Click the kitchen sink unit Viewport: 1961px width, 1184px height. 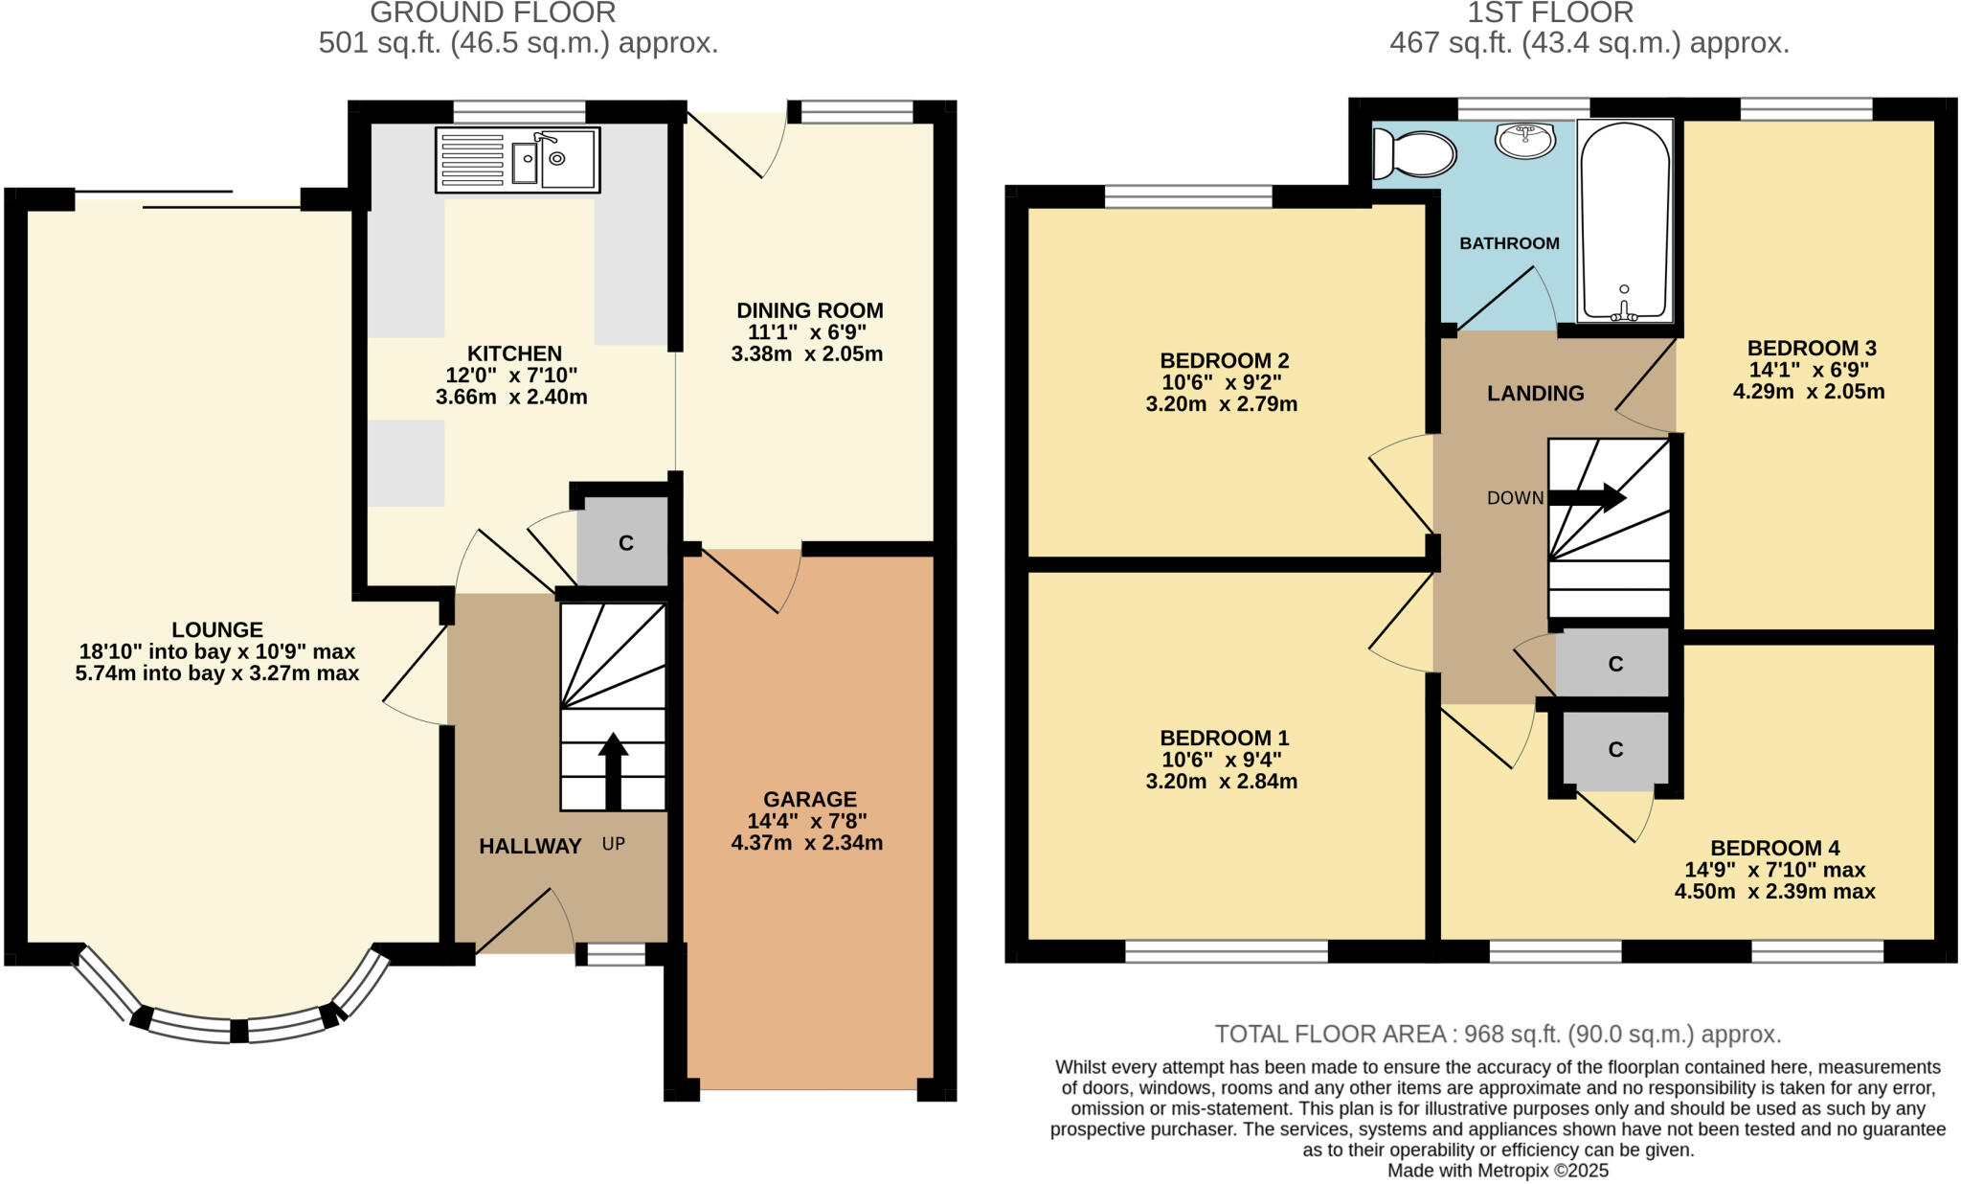coord(518,160)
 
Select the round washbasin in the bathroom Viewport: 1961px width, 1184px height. coord(1524,141)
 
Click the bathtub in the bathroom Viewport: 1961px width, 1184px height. coord(1625,219)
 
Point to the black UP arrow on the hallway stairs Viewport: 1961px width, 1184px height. coord(613,772)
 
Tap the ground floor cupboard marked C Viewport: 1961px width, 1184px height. coord(624,543)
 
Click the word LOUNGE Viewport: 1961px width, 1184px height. coord(217,629)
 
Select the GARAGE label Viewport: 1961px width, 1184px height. coord(809,799)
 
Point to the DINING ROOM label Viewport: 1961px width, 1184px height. coord(809,310)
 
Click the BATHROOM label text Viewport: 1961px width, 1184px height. coord(1509,243)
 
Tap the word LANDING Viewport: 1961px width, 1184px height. coord(1535,393)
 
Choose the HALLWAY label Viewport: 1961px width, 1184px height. coord(530,846)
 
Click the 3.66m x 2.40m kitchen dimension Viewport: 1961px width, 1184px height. coord(511,397)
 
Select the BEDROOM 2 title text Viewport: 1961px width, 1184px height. coord(1224,361)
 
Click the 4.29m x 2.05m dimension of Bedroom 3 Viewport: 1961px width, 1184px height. coord(1808,391)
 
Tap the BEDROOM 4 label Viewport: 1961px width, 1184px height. coord(1774,848)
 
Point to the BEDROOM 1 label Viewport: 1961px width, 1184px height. coord(1224,738)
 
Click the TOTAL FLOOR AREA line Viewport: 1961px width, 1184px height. coord(1498,1035)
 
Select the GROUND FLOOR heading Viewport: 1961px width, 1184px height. coord(492,13)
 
